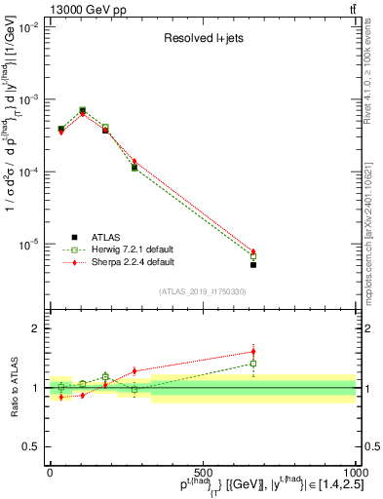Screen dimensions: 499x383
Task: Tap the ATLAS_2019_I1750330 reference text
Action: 203,291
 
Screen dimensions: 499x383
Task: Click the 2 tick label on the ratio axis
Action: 35,329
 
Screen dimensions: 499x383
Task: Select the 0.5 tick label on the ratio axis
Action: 31,446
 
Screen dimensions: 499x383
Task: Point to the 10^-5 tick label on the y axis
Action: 29,244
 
